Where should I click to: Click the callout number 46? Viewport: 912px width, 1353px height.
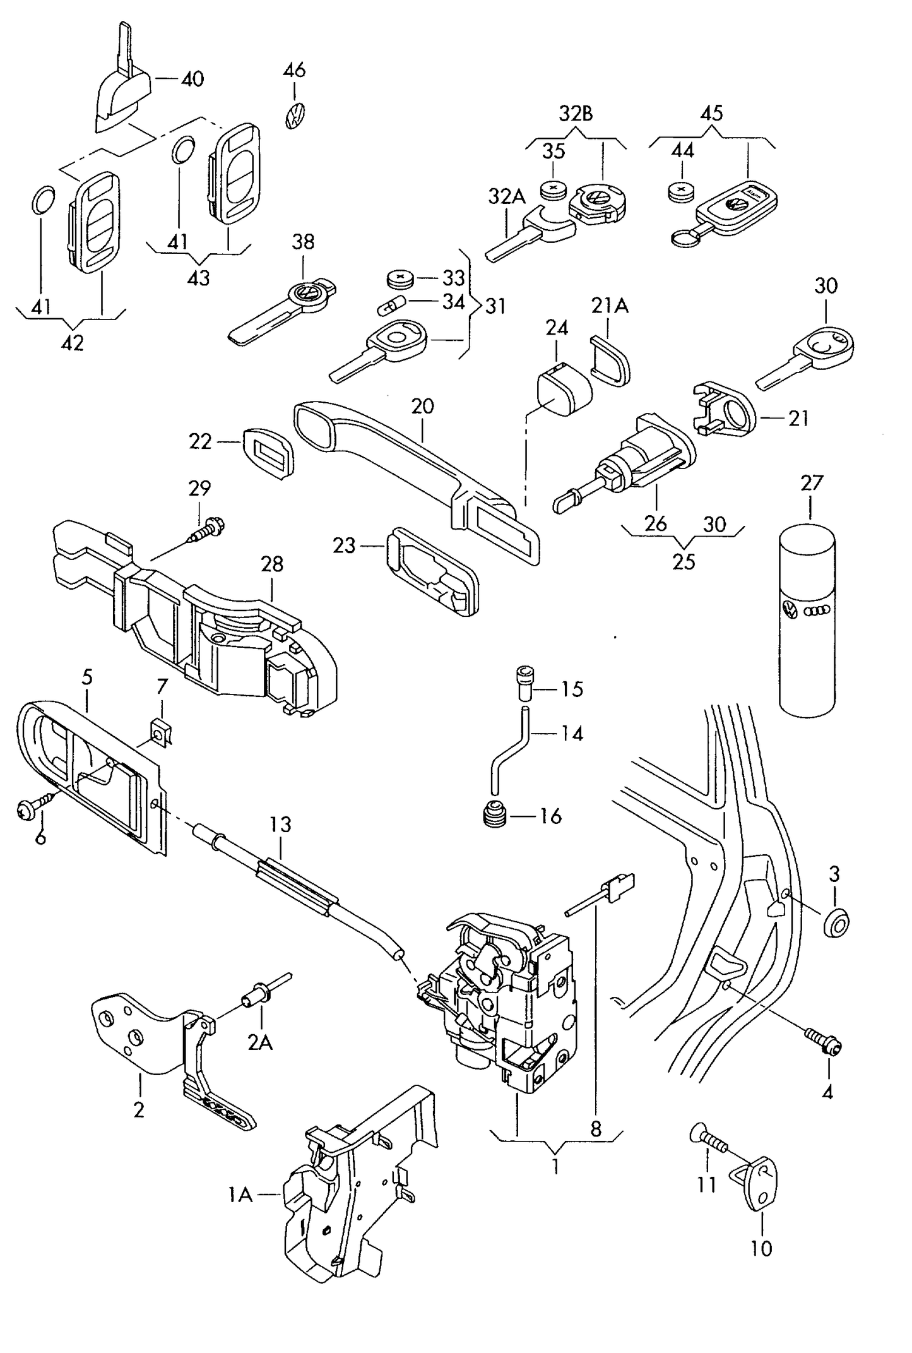[x=295, y=69]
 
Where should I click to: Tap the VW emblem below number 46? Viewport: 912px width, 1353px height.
[x=294, y=116]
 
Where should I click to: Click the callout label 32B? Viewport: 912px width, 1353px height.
[x=576, y=114]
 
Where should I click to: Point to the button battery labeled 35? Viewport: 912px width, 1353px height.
[x=554, y=189]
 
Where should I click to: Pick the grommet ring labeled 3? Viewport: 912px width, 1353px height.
[x=837, y=924]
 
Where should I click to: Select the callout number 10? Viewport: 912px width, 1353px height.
[x=761, y=1248]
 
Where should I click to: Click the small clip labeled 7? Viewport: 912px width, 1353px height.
[x=162, y=731]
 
